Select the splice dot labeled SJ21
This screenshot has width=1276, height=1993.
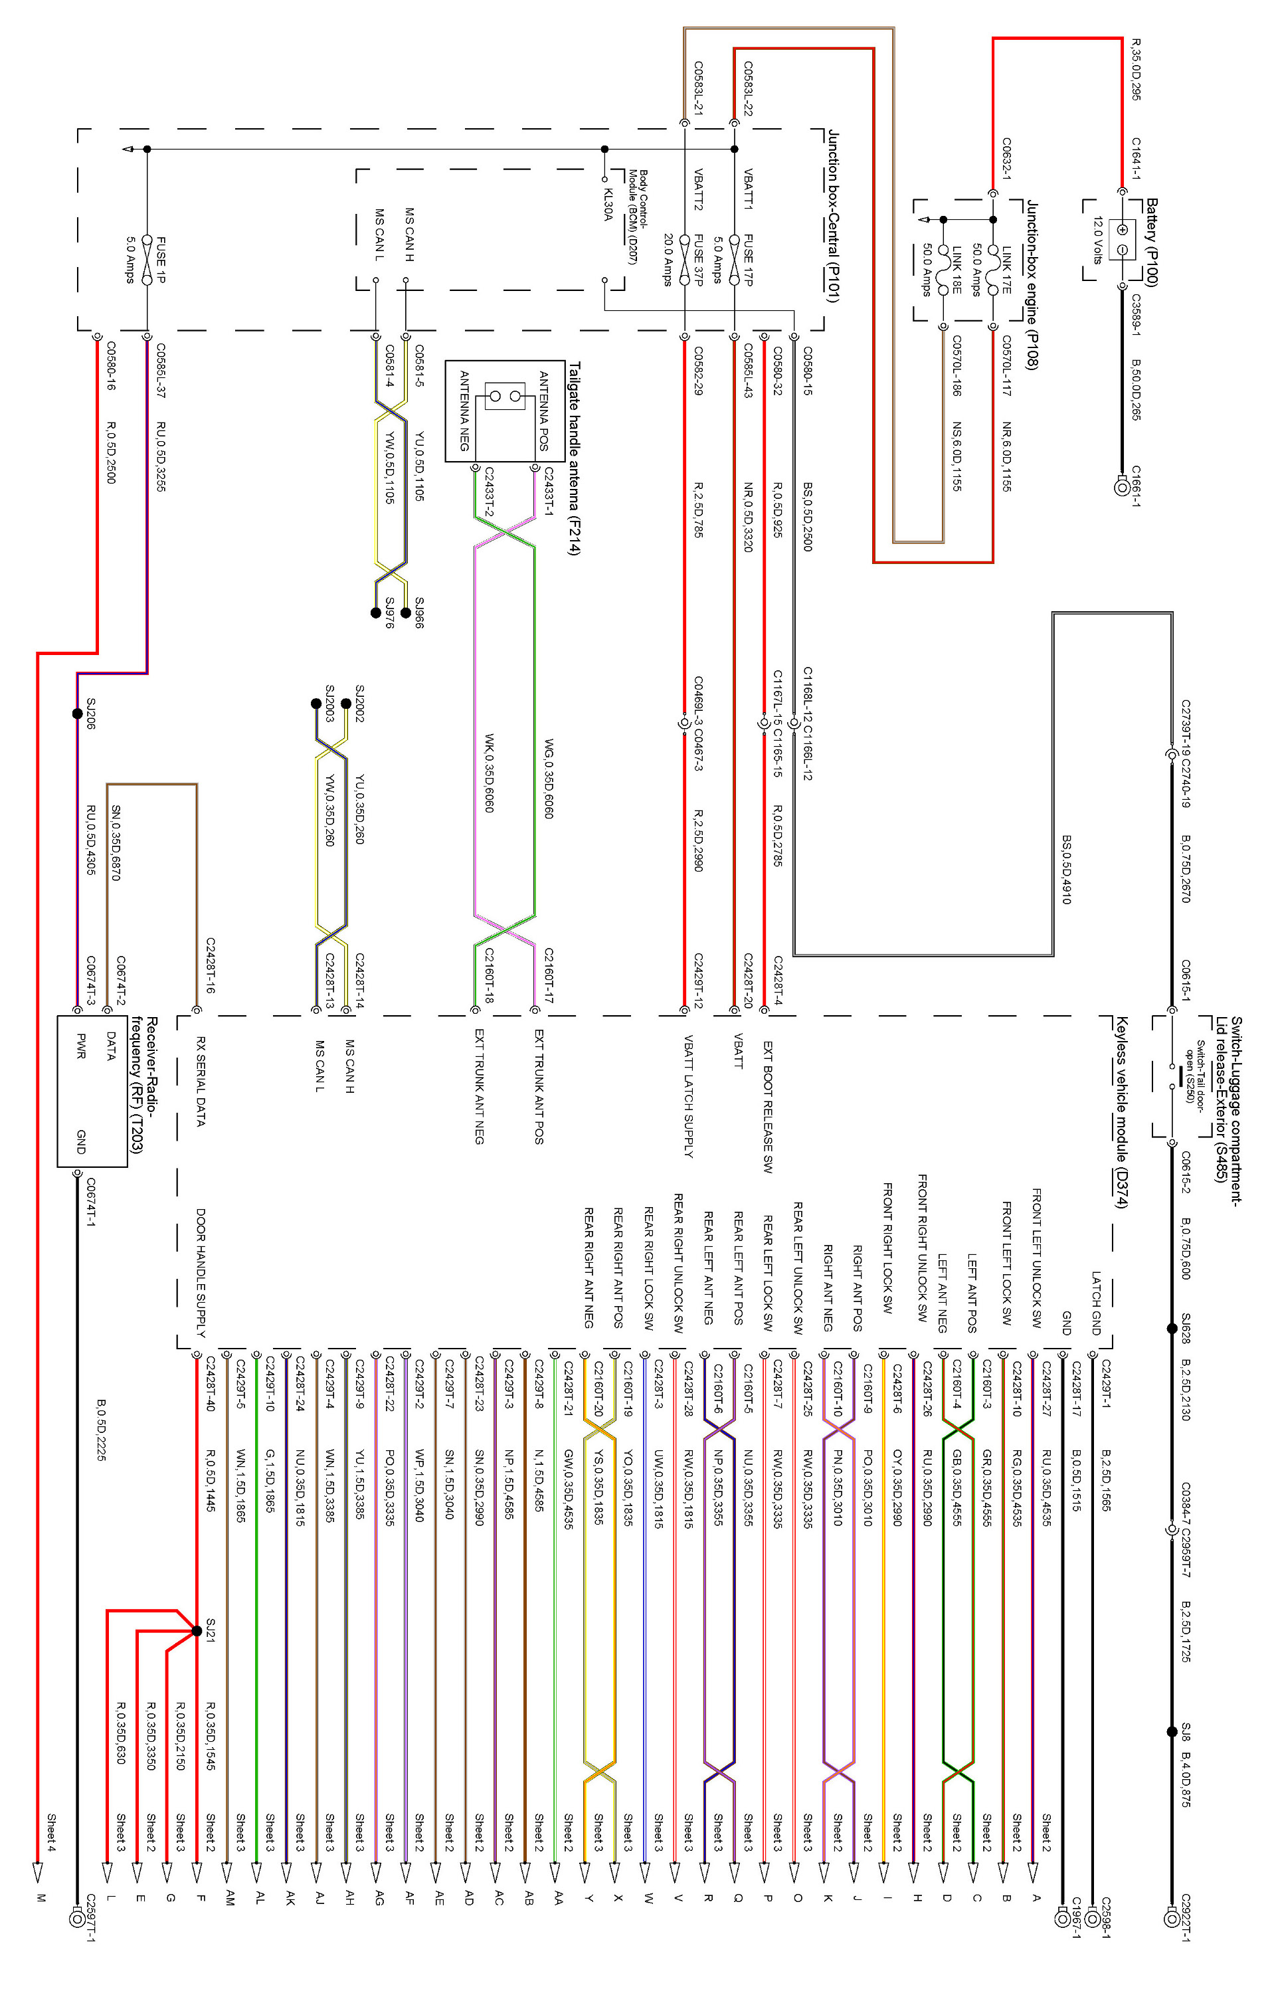click(197, 1631)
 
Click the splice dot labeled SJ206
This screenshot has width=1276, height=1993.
click(77, 713)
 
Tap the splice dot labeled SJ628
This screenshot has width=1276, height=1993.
click(1172, 1329)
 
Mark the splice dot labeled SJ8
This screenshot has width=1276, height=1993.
click(1172, 1732)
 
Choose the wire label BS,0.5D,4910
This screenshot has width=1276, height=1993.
click(1066, 870)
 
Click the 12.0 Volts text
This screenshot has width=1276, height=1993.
click(1098, 240)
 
